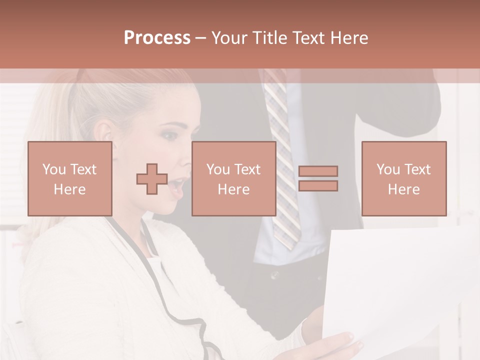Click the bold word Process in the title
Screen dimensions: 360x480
point(157,38)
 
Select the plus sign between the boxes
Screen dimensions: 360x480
point(152,178)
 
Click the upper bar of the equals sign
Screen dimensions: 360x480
point(318,171)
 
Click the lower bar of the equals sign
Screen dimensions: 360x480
point(318,186)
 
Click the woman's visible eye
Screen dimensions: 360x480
point(170,135)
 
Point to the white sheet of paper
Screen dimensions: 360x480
point(395,285)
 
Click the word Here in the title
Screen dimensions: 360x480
point(349,38)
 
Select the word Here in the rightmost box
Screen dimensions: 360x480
point(403,189)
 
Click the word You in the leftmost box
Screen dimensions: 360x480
point(52,169)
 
